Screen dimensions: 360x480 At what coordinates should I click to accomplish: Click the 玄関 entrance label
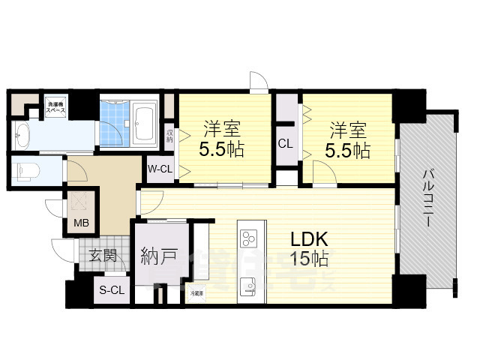(x=103, y=256)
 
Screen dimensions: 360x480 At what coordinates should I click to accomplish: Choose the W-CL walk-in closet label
(x=160, y=169)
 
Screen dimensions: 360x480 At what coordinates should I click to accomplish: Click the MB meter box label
(x=79, y=222)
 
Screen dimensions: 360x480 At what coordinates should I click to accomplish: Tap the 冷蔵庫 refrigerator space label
(x=196, y=293)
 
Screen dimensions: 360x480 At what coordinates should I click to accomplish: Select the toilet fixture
(x=25, y=169)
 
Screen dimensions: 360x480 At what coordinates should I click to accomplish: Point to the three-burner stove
(x=249, y=238)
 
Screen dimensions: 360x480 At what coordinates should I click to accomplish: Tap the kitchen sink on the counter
(x=248, y=286)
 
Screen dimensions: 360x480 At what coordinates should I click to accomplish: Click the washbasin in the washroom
(x=22, y=136)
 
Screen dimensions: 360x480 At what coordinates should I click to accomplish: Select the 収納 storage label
(x=170, y=136)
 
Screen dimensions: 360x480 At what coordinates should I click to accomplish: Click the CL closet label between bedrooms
(x=285, y=143)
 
